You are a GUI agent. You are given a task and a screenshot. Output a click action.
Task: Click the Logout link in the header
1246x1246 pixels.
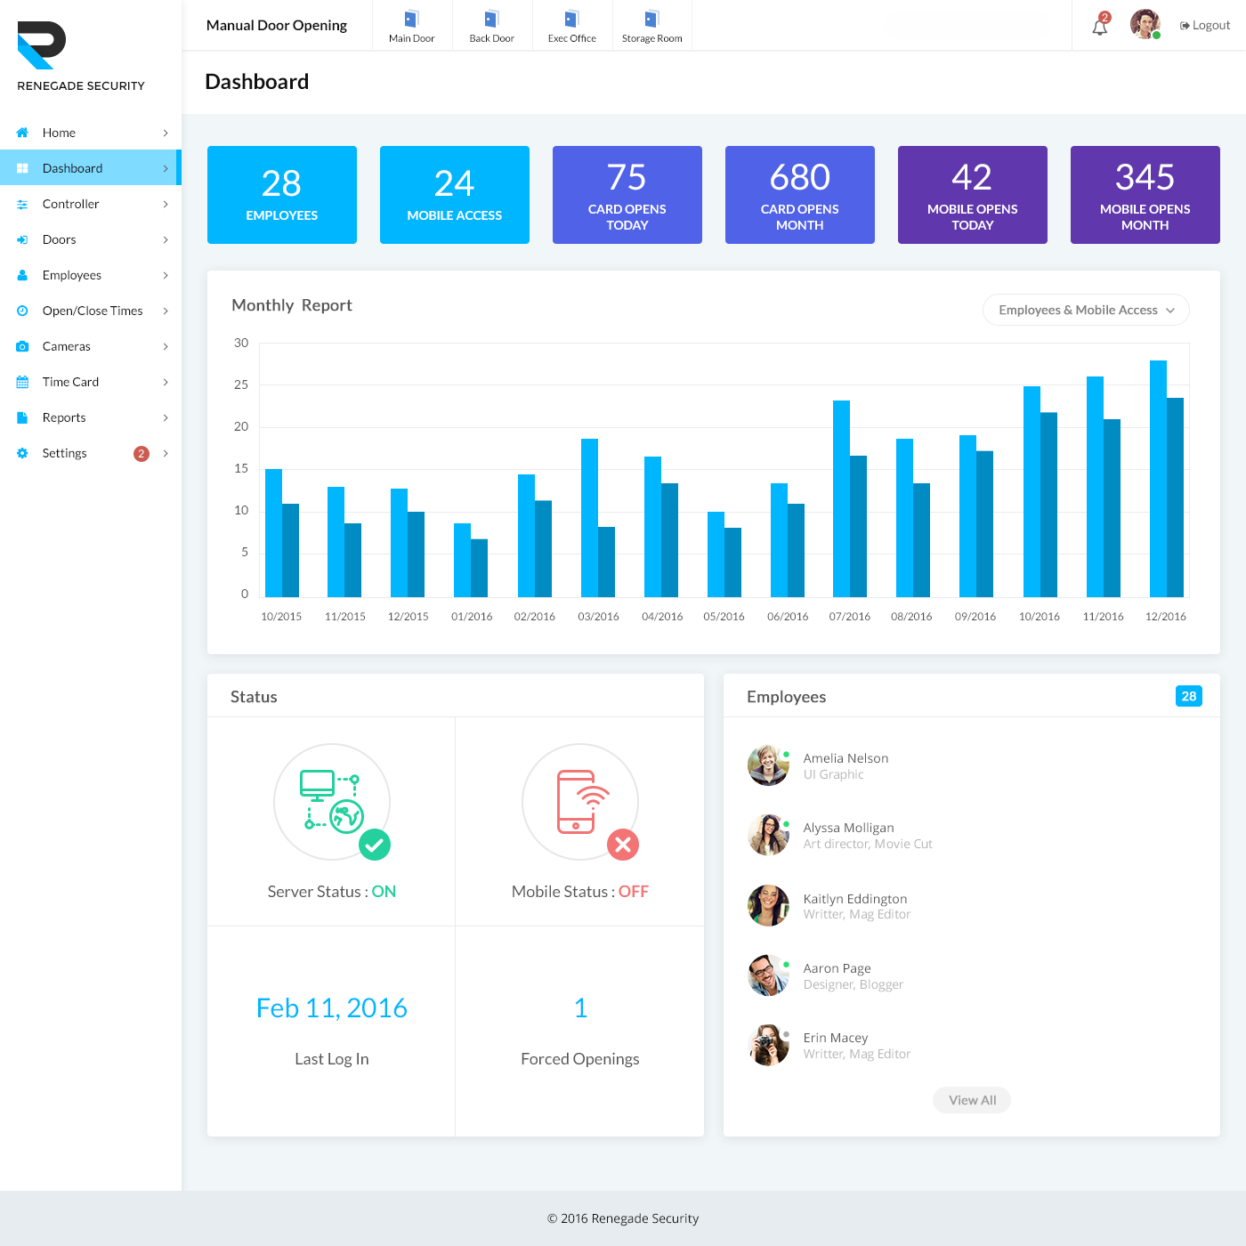[1205, 25]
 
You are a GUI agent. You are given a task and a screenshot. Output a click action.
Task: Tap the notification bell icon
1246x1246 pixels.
[1100, 27]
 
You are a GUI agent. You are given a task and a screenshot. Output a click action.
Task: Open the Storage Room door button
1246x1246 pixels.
[651, 26]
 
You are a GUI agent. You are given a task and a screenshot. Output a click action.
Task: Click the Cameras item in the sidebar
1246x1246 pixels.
[67, 346]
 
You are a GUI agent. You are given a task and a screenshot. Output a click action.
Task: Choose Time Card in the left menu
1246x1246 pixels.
[70, 382]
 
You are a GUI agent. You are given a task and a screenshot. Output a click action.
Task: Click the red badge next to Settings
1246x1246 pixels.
[141, 454]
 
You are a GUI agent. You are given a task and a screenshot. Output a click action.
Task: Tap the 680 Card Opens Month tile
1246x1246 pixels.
[799, 195]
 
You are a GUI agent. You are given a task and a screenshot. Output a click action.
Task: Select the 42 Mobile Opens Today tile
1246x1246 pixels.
[972, 195]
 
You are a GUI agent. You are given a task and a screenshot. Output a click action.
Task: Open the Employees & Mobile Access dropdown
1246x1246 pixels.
[1086, 310]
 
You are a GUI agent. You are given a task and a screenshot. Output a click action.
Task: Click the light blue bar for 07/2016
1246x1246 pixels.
[841, 498]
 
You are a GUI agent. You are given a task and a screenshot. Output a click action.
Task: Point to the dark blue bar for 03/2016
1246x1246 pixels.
[606, 562]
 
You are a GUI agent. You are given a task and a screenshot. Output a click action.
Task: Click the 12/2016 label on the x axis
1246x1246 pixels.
[1165, 617]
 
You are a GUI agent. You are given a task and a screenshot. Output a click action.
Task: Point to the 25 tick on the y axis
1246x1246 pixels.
[241, 384]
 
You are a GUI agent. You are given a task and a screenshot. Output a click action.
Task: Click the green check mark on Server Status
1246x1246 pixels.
[375, 845]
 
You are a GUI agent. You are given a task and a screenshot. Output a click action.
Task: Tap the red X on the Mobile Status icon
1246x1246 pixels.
[623, 845]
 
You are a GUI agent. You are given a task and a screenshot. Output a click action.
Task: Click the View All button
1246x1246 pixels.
[972, 1100]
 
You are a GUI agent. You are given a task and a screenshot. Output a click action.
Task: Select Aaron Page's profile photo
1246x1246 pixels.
[768, 975]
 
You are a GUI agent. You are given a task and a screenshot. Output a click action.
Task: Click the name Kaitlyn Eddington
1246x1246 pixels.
[854, 899]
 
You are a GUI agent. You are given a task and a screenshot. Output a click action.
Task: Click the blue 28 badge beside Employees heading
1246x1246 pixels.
[1188, 696]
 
